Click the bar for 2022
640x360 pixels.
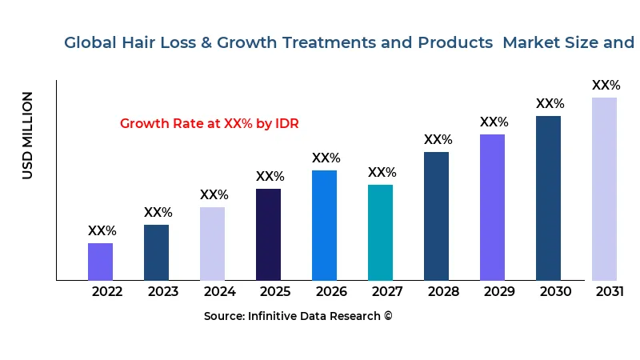click(x=100, y=262)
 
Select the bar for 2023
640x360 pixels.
click(x=156, y=252)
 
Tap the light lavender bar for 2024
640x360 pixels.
click(x=212, y=243)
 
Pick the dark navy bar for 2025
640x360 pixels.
click(x=268, y=234)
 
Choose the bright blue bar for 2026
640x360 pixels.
click(x=324, y=225)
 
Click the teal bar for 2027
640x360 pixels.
click(x=380, y=232)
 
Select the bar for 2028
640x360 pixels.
click(x=436, y=216)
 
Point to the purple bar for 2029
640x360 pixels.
click(x=492, y=207)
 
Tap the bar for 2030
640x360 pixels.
click(x=548, y=198)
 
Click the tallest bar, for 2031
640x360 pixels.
click(x=604, y=189)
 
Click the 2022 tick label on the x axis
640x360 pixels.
click(x=107, y=292)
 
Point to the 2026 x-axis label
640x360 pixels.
click(x=331, y=292)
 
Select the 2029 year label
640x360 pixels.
click(x=499, y=292)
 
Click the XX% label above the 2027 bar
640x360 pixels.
click(x=382, y=173)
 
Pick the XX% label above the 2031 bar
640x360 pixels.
click(x=606, y=86)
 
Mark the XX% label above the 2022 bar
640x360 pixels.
click(x=102, y=231)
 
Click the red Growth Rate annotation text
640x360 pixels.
click(x=209, y=124)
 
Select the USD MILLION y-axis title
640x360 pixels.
click(x=28, y=135)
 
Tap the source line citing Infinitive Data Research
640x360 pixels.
click(x=298, y=317)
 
